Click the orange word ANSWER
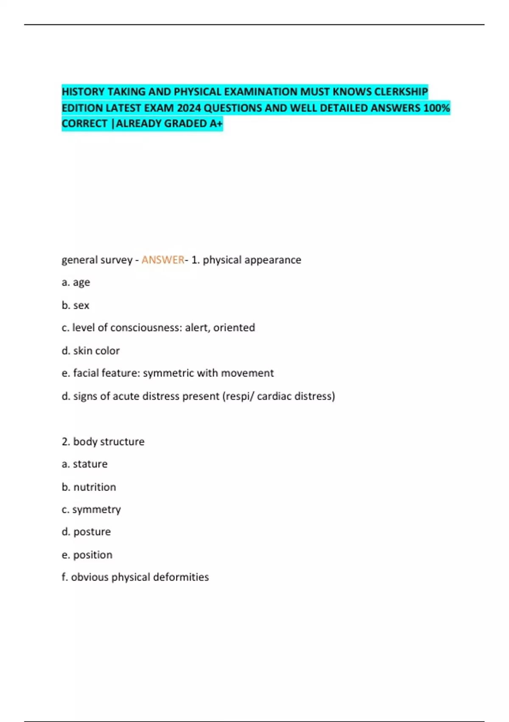(163, 260)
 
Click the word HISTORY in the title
(83, 92)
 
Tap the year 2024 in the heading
(189, 108)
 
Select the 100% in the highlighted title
(436, 108)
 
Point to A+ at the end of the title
(216, 124)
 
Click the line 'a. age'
(76, 282)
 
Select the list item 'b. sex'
(76, 305)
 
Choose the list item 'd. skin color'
(91, 351)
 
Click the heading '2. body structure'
(103, 442)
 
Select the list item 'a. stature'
(85, 464)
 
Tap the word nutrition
(95, 487)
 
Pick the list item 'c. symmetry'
(91, 510)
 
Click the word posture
(92, 532)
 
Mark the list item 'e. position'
(87, 555)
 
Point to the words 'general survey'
(97, 260)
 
